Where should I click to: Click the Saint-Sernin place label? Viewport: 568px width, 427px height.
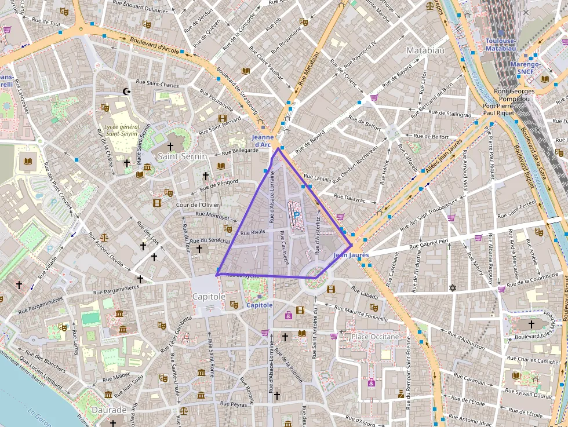tap(183, 156)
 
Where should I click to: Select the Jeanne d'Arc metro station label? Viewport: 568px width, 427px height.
tap(263, 141)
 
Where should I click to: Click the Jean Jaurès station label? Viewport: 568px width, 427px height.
tap(351, 255)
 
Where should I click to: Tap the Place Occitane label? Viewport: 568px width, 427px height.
tap(376, 337)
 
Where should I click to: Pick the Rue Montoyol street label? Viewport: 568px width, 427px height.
tap(213, 215)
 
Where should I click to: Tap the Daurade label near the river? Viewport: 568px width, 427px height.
tap(110, 410)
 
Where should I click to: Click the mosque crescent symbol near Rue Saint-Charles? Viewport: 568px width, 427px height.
tap(127, 91)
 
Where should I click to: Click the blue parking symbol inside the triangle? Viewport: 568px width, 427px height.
tap(296, 214)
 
